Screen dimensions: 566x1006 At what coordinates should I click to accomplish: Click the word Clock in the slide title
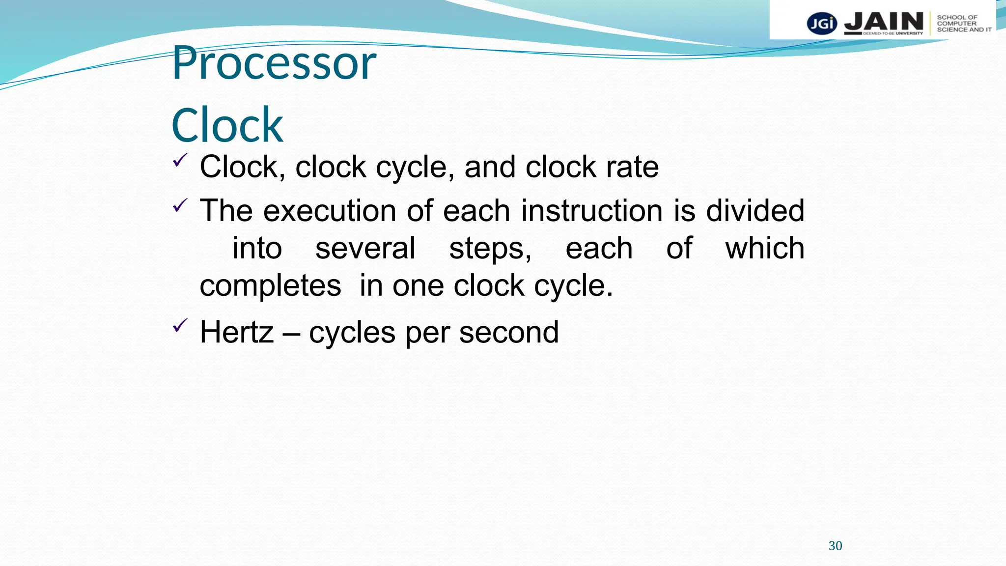[x=227, y=125]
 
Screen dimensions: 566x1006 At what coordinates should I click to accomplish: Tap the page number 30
[x=835, y=546]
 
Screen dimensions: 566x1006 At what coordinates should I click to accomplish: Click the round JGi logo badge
[x=822, y=24]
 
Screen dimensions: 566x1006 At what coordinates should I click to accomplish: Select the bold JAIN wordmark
[x=884, y=22]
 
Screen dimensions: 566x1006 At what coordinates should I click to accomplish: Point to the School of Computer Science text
[x=964, y=24]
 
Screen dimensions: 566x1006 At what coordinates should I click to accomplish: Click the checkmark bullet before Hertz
[x=180, y=326]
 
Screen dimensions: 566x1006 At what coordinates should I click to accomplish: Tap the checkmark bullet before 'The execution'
[x=180, y=205]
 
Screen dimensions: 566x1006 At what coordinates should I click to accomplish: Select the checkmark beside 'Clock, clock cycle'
[x=180, y=161]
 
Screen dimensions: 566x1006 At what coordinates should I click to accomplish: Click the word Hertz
[x=236, y=332]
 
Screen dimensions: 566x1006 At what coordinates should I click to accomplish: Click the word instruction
[x=592, y=211]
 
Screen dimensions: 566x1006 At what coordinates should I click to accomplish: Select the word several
[x=365, y=248]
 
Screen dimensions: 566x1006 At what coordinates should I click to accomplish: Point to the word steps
[x=490, y=248]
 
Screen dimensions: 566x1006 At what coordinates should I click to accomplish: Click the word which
[x=765, y=248]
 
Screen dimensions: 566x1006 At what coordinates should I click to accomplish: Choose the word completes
[x=270, y=285]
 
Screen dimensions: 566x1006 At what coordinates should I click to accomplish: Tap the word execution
[x=330, y=211]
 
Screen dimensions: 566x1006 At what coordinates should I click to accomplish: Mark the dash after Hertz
[x=291, y=333]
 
